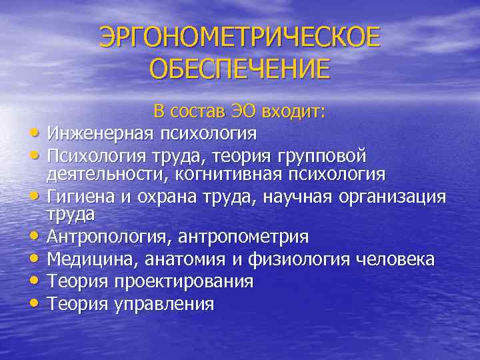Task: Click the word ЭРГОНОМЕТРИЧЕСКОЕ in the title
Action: [x=240, y=38]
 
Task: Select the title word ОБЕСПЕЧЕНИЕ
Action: [x=240, y=69]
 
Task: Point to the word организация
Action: [x=389, y=197]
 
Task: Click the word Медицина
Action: [x=88, y=259]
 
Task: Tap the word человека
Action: [x=397, y=259]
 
